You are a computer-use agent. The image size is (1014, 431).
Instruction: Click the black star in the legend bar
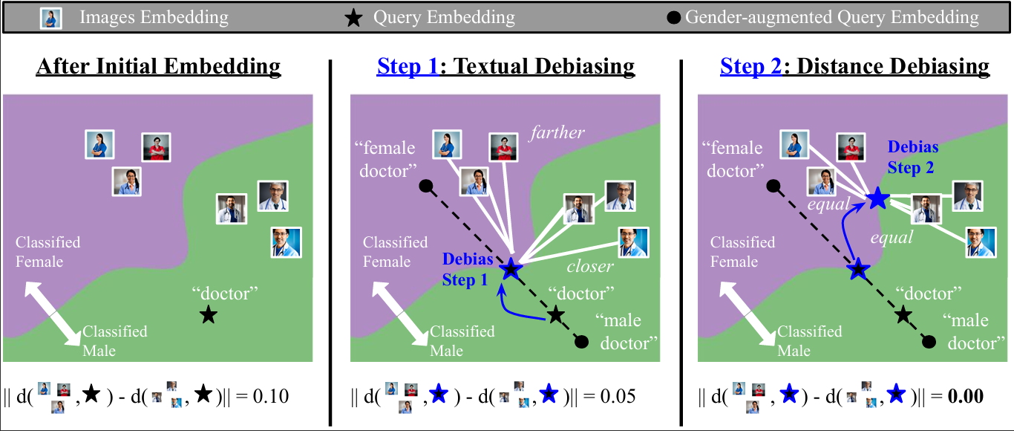(353, 18)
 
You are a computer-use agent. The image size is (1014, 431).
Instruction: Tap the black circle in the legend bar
(673, 18)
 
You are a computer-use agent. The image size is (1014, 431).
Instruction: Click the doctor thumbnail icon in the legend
(50, 19)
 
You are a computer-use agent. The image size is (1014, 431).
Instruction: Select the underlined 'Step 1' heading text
(408, 66)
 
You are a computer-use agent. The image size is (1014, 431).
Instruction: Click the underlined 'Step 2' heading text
(750, 66)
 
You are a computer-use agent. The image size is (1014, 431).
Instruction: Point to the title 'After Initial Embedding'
(158, 66)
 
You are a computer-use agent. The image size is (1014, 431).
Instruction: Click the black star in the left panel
(209, 314)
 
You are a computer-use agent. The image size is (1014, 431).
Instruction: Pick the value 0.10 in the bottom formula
(271, 396)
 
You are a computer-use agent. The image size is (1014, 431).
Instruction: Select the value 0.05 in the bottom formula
(618, 396)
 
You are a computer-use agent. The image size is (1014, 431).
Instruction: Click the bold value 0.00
(966, 396)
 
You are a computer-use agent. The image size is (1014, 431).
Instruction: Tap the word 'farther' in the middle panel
(557, 132)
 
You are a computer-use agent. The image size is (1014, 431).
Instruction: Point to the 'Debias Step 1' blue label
(467, 269)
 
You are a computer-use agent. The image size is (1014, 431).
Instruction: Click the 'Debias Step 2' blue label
(912, 158)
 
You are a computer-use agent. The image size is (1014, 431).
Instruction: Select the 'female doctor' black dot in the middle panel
(426, 186)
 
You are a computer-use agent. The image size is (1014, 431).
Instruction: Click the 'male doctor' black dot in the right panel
(929, 342)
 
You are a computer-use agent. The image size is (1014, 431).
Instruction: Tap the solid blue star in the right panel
(878, 198)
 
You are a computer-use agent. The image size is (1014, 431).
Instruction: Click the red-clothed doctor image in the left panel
(156, 147)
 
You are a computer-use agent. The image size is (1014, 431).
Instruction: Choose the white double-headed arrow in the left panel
(53, 314)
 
